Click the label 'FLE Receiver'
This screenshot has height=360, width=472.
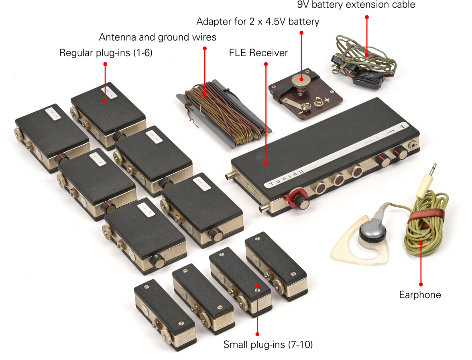pos(258,53)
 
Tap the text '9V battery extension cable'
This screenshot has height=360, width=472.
pos(356,4)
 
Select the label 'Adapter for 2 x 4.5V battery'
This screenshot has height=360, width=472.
pos(258,21)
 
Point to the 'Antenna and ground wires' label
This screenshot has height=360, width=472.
pos(157,37)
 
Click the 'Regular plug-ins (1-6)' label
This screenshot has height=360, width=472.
pos(106,53)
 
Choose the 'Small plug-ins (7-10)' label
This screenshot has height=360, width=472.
pos(268,344)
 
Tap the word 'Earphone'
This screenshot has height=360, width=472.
pos(420,295)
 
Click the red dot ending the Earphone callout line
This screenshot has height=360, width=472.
pos(421,284)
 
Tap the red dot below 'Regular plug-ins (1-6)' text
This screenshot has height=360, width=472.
pos(105,64)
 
